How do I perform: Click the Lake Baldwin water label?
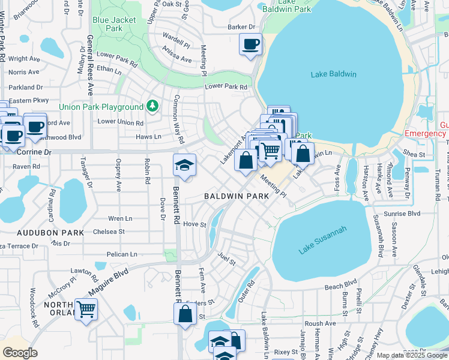tap(334, 74)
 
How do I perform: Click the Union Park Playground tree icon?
tap(152, 107)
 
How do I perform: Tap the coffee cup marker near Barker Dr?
tap(250, 44)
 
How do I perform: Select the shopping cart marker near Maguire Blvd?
tap(86, 310)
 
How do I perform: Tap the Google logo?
tap(20, 353)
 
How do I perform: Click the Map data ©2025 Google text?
tap(412, 355)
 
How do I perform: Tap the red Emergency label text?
tap(426, 133)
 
